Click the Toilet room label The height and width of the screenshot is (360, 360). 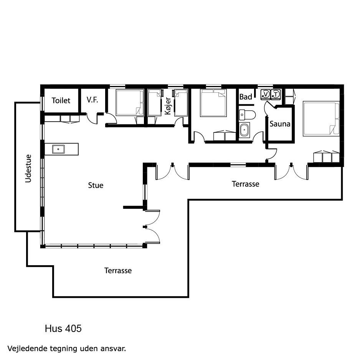tap(61, 101)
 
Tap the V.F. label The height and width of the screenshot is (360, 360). tap(92, 100)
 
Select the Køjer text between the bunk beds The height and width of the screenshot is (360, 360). tap(168, 106)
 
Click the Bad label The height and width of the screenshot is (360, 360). tap(246, 97)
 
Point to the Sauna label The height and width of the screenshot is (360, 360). tap(280, 124)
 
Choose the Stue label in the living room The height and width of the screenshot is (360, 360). tap(96, 185)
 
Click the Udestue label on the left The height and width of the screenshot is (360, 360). tap(28, 168)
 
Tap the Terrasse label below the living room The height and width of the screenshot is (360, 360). tap(118, 271)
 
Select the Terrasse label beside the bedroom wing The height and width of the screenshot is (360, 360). tap(245, 184)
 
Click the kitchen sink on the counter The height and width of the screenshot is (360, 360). tap(58, 149)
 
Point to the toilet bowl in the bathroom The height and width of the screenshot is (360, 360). tap(247, 115)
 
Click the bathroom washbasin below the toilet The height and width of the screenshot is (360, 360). tap(244, 130)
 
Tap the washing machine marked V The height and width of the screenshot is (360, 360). tap(266, 94)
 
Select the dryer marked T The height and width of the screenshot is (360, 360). tap(276, 94)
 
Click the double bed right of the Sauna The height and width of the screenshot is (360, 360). tap(321, 119)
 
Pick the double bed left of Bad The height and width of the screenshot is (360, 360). tap(213, 103)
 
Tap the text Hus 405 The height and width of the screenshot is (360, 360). tap(63, 329)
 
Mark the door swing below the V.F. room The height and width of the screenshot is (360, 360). tap(92, 119)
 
